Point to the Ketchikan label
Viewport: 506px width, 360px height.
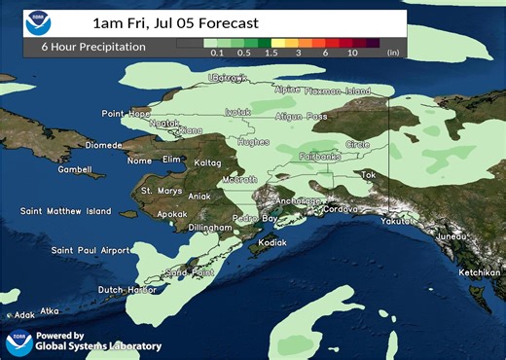(x=478, y=273)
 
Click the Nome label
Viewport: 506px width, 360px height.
(x=140, y=161)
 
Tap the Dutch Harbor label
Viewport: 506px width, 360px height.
(x=127, y=290)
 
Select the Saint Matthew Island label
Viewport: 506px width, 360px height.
(x=65, y=211)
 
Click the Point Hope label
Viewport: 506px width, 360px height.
(x=126, y=114)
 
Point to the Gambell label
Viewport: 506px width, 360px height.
(x=74, y=169)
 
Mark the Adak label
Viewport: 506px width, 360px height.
(x=24, y=315)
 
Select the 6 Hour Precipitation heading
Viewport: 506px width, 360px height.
(x=93, y=47)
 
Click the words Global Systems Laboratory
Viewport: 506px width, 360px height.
(x=98, y=345)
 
